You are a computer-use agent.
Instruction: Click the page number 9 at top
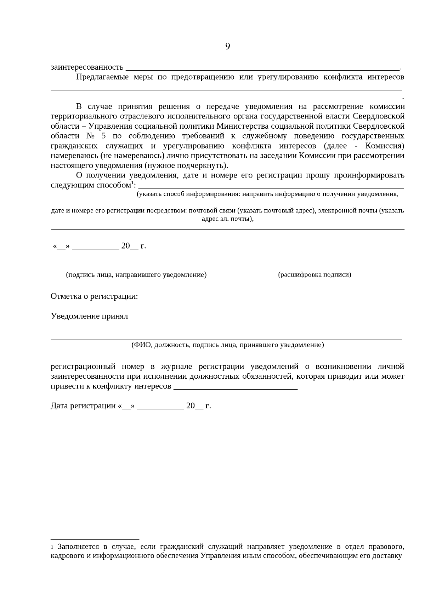[x=227, y=46]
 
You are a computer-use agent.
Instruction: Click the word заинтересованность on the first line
[x=87, y=67]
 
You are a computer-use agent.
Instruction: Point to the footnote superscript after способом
[x=132, y=182]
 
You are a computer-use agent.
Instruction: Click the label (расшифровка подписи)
[x=314, y=275]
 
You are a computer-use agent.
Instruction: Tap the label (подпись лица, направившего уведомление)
[x=136, y=275]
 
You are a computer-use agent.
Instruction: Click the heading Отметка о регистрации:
[x=94, y=296]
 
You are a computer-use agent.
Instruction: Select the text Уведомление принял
[x=89, y=316]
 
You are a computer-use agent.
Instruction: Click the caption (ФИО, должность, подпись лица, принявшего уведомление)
[x=227, y=345]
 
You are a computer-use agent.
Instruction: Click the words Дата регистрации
[x=83, y=406]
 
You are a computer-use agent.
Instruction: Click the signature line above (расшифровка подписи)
[x=323, y=268]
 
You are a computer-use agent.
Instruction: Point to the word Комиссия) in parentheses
[x=385, y=146]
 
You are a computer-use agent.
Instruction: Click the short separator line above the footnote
[x=95, y=538]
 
